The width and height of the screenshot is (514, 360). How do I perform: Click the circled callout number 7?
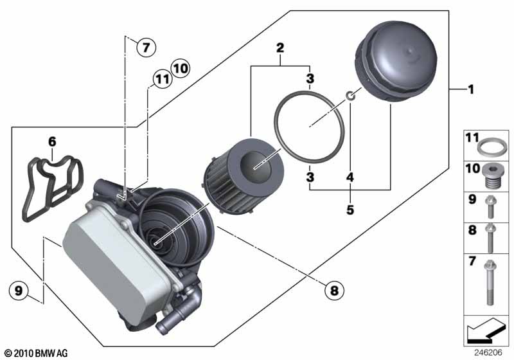pyautogui.click(x=146, y=47)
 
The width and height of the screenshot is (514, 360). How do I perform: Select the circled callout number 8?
pyautogui.click(x=333, y=291)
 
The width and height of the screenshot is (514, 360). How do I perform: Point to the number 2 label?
pyautogui.click(x=279, y=47)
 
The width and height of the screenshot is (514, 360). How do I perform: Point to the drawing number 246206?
pyautogui.click(x=489, y=352)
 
